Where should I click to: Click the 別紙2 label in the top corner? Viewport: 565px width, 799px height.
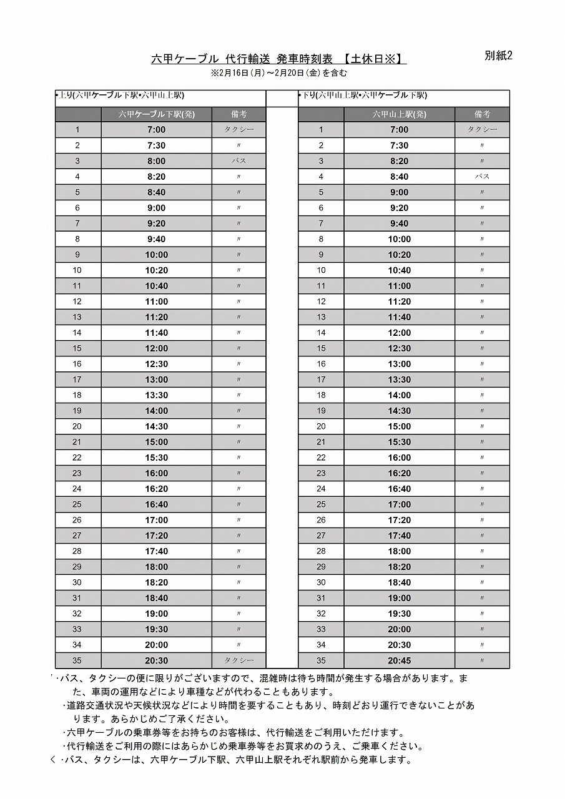click(x=498, y=56)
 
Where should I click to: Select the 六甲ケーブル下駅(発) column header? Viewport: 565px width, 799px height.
click(x=156, y=114)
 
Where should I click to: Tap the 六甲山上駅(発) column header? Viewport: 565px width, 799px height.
click(x=399, y=114)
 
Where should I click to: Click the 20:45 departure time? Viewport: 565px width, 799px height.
click(x=399, y=660)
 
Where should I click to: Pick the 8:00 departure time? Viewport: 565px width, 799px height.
click(x=156, y=161)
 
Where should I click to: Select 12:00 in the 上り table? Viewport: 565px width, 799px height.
click(x=156, y=348)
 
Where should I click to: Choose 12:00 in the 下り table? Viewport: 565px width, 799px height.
click(x=399, y=333)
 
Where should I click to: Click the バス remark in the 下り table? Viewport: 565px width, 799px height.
click(x=482, y=177)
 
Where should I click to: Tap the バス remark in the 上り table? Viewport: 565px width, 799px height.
click(x=238, y=161)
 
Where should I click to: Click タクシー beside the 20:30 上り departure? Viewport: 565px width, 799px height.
click(x=238, y=660)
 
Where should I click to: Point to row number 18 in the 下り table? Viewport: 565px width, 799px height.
click(x=321, y=395)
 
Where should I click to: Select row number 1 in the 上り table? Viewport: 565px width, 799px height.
click(x=77, y=130)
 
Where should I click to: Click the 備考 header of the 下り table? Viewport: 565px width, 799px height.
click(x=482, y=114)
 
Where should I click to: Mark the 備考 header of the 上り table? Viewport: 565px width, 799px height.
click(x=238, y=114)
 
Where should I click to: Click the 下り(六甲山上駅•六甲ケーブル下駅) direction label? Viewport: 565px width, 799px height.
click(x=363, y=96)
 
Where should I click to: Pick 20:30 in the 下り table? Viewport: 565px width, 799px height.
click(x=399, y=645)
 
